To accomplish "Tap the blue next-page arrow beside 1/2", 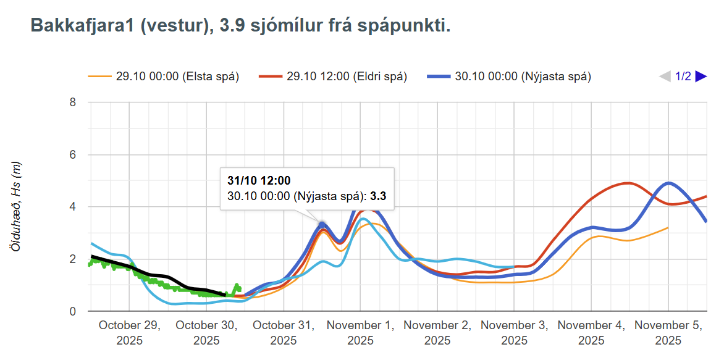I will pos(701,77).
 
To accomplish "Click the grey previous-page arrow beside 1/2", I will pos(665,77).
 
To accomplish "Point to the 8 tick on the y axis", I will pos(72,103).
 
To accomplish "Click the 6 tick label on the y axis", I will pos(72,155).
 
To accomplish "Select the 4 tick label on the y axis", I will pos(72,207).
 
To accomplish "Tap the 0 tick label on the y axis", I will pos(72,312).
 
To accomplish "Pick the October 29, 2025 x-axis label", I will pos(129,333).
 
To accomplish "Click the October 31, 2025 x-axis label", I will pos(284,333).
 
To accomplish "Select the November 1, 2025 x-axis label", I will pos(360,333).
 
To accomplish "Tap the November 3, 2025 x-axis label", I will pos(514,333).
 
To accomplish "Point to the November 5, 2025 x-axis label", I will pos(668,333).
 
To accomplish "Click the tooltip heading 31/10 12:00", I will pos(258,181).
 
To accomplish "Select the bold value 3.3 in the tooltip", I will pos(378,196).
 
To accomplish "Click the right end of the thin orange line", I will pos(668,228).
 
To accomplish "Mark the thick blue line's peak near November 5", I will pos(668,183).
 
